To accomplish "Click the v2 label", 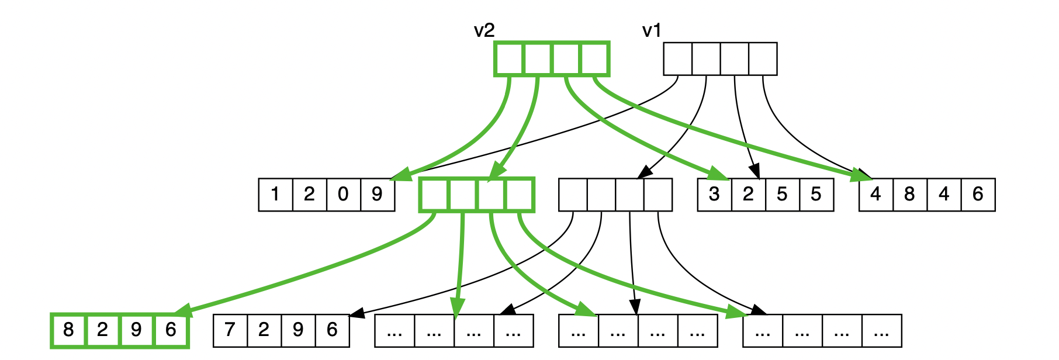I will tap(484, 30).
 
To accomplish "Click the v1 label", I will tap(652, 30).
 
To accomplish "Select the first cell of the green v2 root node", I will tap(509, 58).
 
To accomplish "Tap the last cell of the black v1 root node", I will tap(763, 58).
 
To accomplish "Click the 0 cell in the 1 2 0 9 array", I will tap(343, 195).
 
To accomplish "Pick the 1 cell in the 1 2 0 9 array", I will tap(275, 195).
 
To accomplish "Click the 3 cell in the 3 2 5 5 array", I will tap(714, 195).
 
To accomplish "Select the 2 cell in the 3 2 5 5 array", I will tap(748, 195).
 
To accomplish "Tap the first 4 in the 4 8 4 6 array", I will tap(875, 195).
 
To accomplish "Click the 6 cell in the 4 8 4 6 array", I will tap(978, 195).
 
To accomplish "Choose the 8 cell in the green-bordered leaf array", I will tap(69, 330).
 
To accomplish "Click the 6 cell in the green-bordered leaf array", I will tap(171, 330).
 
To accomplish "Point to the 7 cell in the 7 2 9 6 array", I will tap(230, 330).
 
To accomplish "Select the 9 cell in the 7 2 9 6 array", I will tap(298, 330).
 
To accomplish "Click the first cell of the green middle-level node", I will tap(434, 195).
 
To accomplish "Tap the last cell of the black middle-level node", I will tap(658, 195).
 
